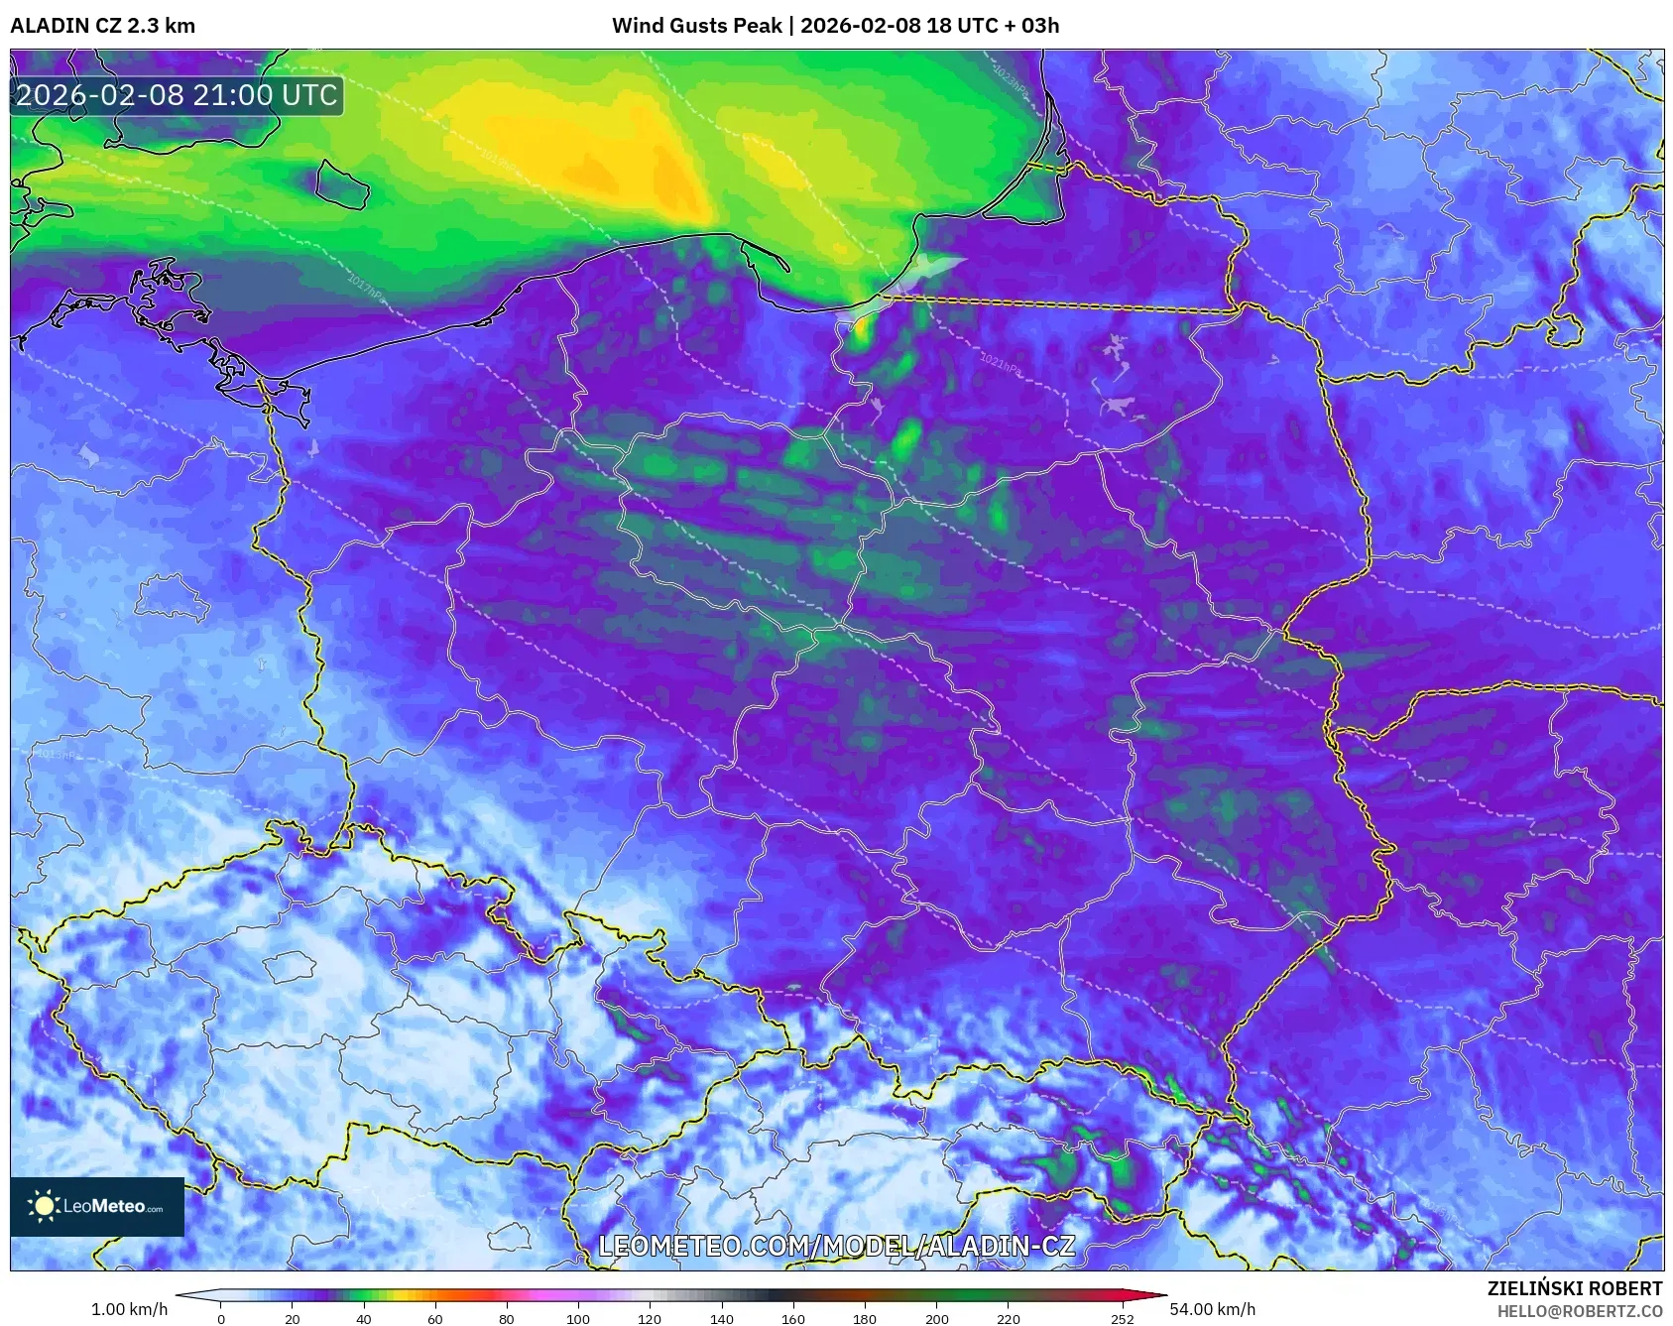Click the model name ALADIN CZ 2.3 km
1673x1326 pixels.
(102, 26)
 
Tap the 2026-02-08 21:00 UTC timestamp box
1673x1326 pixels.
(177, 96)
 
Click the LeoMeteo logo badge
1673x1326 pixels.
(97, 1206)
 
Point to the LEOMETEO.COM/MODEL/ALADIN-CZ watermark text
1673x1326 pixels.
(836, 1246)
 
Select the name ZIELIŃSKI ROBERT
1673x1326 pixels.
(1575, 1288)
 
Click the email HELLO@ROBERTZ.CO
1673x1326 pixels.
(1580, 1311)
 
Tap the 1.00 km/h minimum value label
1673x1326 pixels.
(129, 1309)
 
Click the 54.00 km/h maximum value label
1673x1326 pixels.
(1212, 1309)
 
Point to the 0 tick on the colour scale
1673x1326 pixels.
(220, 1319)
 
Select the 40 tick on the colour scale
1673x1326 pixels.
(363, 1319)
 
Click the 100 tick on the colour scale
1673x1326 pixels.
(578, 1319)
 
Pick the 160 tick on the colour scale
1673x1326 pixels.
(792, 1319)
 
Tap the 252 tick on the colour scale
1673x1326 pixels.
(1122, 1319)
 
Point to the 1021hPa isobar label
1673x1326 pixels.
(1000, 363)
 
